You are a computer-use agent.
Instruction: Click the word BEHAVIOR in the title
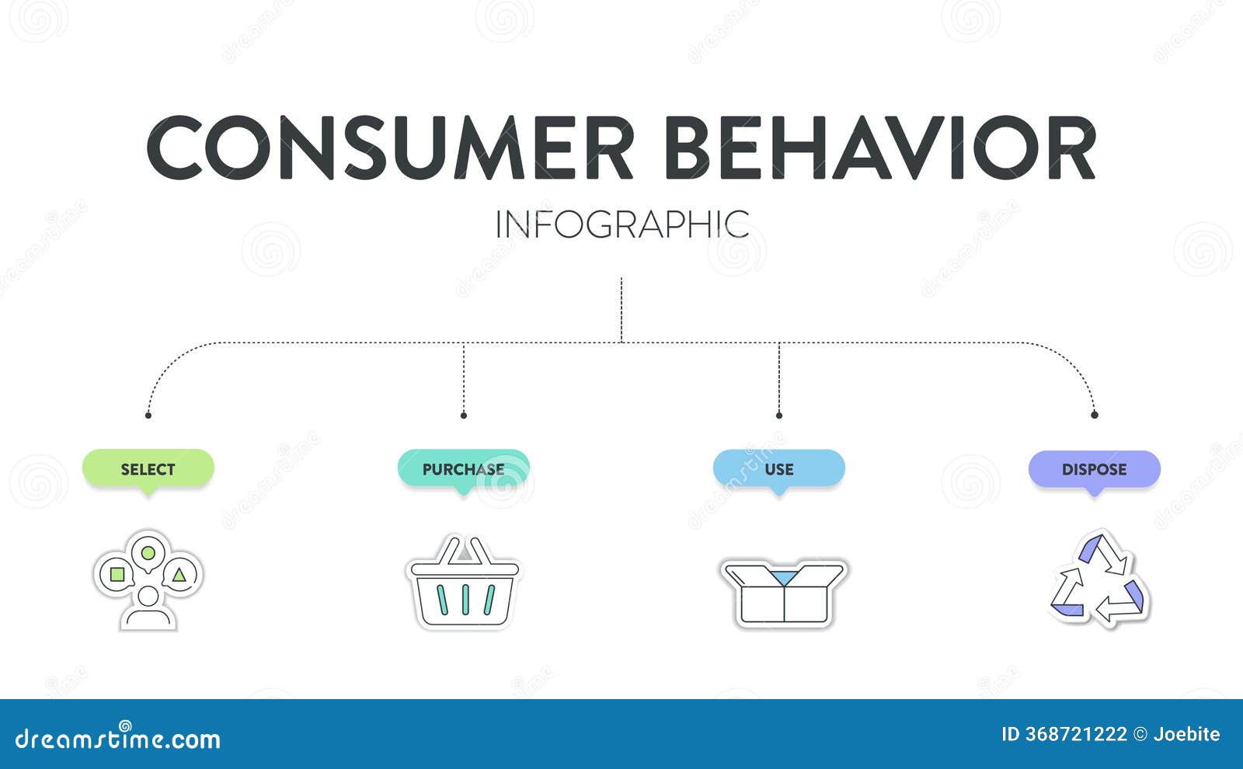pyautogui.click(x=879, y=148)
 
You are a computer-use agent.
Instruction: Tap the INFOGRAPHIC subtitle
pyautogui.click(x=621, y=224)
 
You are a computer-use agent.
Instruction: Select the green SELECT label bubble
pyautogui.click(x=148, y=468)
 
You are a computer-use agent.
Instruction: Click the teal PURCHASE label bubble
pyautogui.click(x=463, y=468)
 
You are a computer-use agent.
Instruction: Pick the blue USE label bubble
pyautogui.click(x=778, y=468)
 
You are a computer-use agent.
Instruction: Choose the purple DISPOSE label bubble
pyautogui.click(x=1094, y=468)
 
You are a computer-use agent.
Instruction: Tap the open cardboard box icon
pyautogui.click(x=784, y=592)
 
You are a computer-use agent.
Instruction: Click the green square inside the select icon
pyautogui.click(x=117, y=575)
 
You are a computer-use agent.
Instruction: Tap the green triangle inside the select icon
pyautogui.click(x=179, y=575)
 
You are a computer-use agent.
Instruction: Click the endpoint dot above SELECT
pyautogui.click(x=148, y=416)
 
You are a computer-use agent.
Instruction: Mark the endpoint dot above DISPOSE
pyautogui.click(x=1094, y=416)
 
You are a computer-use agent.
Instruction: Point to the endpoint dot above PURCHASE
pyautogui.click(x=463, y=416)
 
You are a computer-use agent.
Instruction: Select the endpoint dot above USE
pyautogui.click(x=778, y=416)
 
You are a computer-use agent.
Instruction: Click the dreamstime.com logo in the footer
pyautogui.click(x=118, y=738)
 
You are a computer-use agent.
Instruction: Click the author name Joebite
pyautogui.click(x=1186, y=734)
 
